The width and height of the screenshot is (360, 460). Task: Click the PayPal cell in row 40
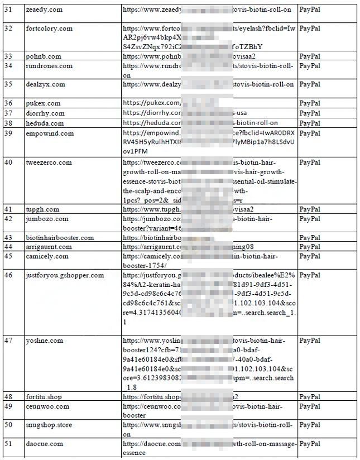point(310,162)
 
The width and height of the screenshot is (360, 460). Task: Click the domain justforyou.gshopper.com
point(65,275)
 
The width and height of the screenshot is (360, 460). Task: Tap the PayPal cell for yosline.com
point(310,341)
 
